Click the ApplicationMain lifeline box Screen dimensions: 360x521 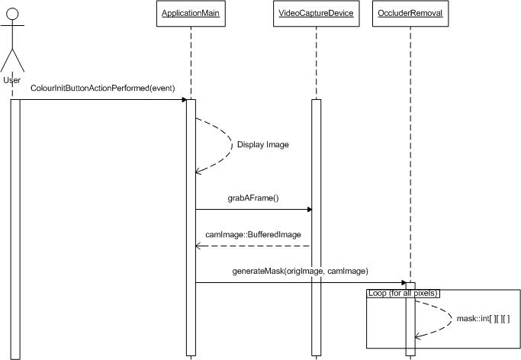191,13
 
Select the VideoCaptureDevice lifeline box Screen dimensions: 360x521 317,13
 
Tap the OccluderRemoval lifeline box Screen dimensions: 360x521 410,13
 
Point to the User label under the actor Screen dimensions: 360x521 12,80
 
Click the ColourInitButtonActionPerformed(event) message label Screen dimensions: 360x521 103,88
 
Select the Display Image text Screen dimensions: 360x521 263,144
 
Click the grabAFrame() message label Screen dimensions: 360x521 253,198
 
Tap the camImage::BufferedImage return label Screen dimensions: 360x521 252,235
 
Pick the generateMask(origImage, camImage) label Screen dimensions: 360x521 301,271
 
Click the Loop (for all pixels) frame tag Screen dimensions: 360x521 404,292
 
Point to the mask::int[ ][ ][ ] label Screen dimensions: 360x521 483,318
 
